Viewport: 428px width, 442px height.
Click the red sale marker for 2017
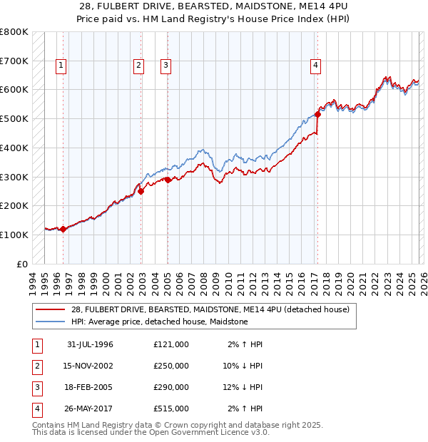317,114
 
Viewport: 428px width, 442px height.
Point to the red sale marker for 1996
63,229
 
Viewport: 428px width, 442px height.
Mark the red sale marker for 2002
141,191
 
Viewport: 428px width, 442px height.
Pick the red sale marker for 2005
168,180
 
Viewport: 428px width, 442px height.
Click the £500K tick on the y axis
14,118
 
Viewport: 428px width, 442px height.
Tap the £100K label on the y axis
14,235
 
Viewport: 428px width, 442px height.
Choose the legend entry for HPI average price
159,322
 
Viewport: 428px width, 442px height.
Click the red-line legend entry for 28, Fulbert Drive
210,309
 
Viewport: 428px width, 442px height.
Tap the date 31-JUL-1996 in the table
90,344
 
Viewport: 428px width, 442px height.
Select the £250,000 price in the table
171,366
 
